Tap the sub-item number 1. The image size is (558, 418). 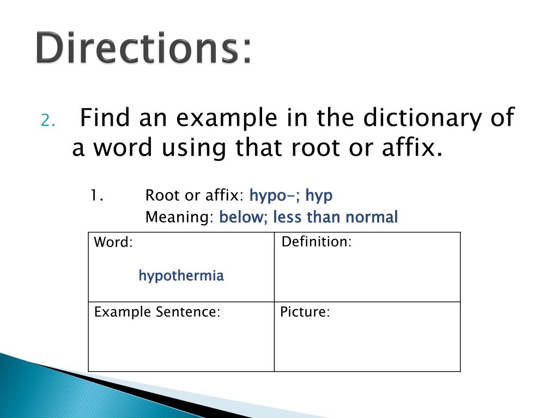click(x=97, y=195)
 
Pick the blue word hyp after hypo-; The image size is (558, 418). click(x=319, y=196)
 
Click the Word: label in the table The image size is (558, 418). click(x=113, y=243)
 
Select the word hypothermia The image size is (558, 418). click(x=181, y=276)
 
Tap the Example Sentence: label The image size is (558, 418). click(x=157, y=312)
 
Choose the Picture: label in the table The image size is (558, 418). click(x=305, y=312)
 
